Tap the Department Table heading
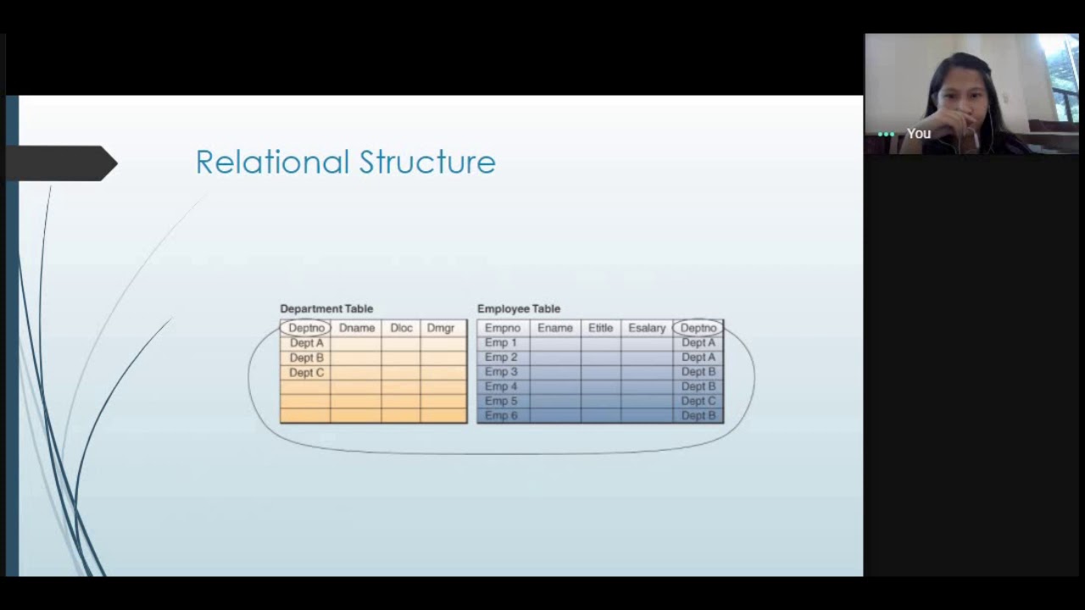coord(326,308)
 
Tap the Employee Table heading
coord(519,308)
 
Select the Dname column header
coord(357,328)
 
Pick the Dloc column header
coord(401,328)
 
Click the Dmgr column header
coord(441,328)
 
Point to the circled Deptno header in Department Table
coord(306,328)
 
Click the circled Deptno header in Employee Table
coord(698,328)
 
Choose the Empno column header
coord(503,328)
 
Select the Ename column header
coord(555,328)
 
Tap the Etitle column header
coord(600,328)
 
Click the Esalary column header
coord(647,328)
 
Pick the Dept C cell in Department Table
coord(306,373)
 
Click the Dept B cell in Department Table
coord(306,358)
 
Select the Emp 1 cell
coord(500,343)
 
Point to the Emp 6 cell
coord(500,416)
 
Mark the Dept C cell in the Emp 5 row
coord(698,401)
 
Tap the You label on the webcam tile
coord(919,134)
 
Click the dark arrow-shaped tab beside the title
coord(59,164)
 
